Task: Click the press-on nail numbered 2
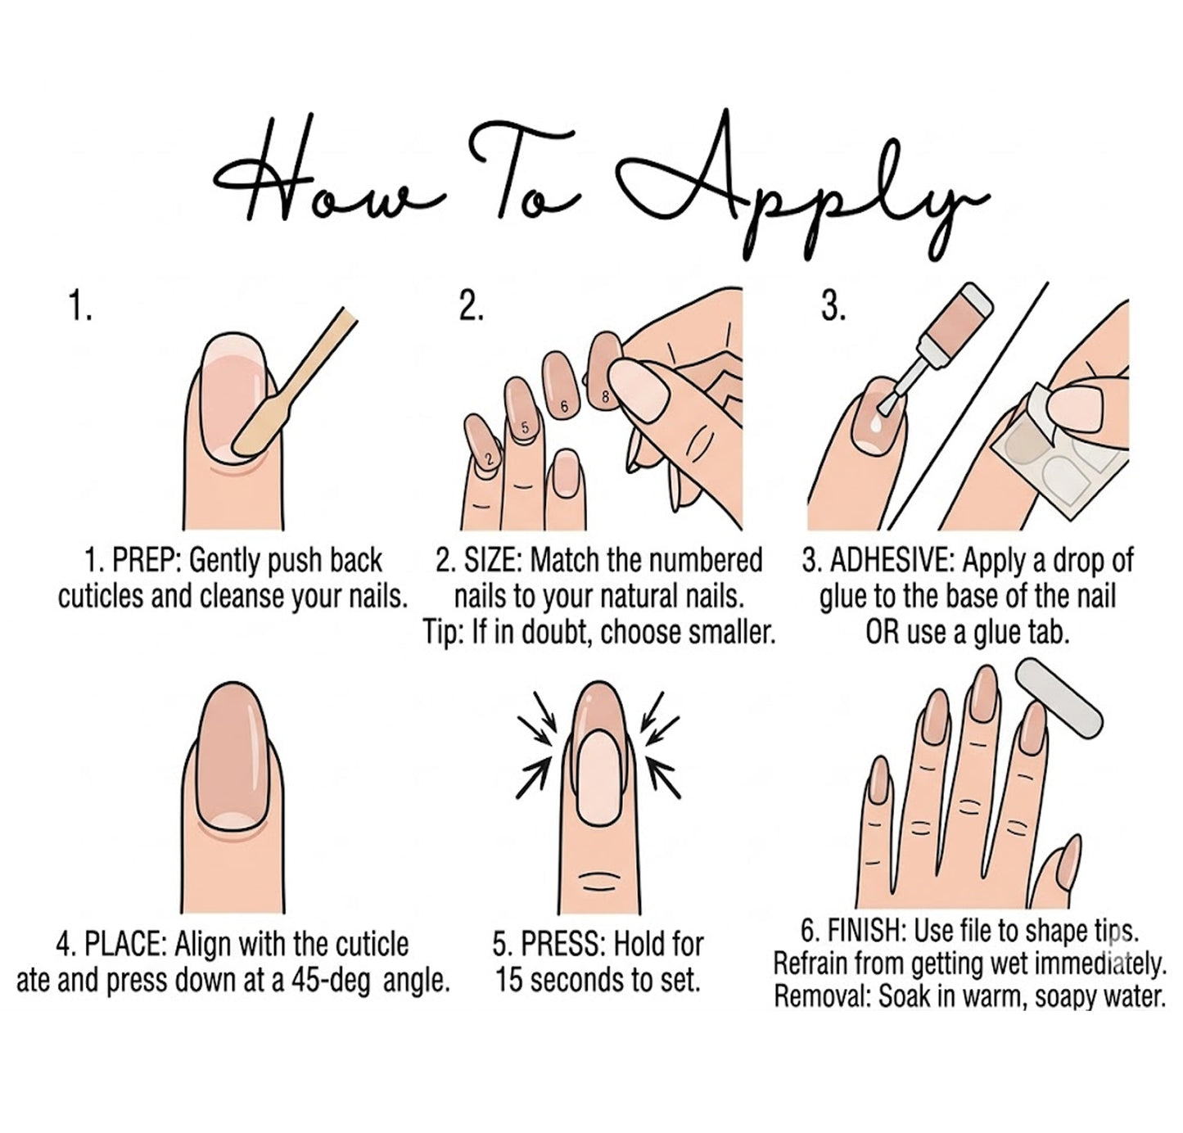point(485,444)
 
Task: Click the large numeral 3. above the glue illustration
point(833,308)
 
